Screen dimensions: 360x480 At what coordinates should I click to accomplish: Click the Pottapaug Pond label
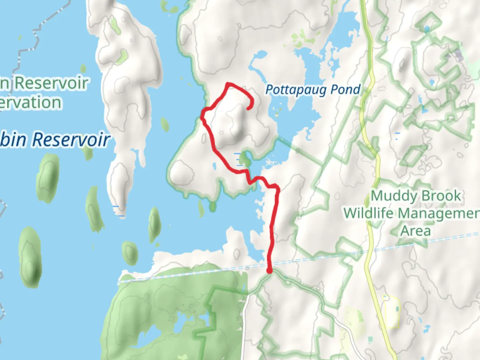313,90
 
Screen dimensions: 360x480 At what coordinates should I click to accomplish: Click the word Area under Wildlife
416,231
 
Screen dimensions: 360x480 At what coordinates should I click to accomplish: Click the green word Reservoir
51,83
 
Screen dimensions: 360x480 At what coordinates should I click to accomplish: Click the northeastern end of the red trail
249,108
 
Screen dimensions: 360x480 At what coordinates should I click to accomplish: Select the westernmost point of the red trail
203,115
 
